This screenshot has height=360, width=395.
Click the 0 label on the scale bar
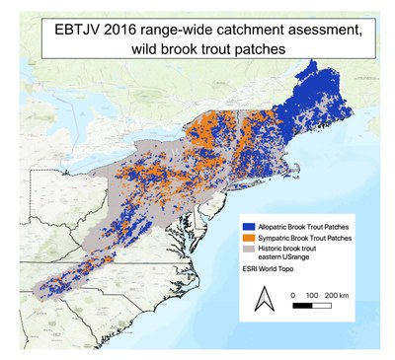coord(293,295)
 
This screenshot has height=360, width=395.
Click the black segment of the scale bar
coord(303,306)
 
